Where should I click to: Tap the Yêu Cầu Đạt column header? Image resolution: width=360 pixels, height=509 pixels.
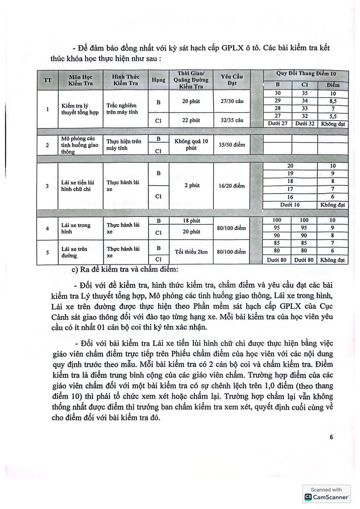click(x=230, y=79)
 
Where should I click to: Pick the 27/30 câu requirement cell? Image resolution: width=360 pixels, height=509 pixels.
click(x=230, y=101)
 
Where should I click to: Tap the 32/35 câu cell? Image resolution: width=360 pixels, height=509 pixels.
click(x=230, y=120)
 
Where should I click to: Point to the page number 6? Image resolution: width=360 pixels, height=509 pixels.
click(x=331, y=437)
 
